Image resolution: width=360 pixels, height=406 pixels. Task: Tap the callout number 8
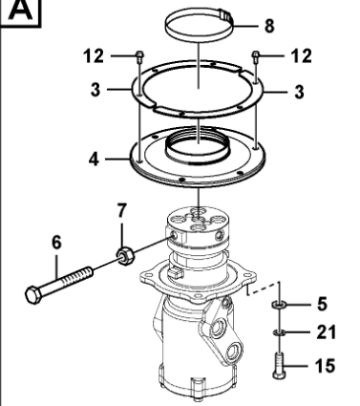coord(268,25)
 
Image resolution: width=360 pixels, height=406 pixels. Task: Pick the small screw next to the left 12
coord(139,54)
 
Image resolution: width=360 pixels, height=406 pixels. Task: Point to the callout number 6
coord(57,244)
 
